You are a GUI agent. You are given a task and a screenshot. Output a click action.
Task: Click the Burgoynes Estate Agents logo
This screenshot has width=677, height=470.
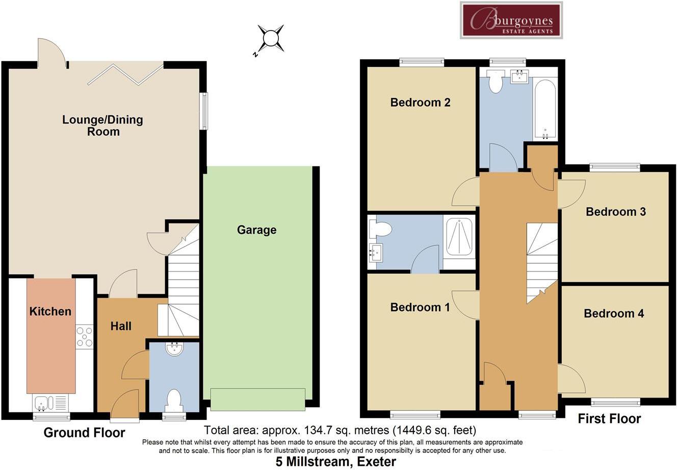click(511, 20)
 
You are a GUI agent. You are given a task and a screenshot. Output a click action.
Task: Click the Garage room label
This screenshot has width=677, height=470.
click(256, 230)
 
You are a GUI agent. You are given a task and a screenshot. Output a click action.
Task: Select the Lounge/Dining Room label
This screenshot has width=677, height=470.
click(102, 126)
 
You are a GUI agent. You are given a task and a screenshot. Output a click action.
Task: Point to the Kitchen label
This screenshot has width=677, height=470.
click(50, 311)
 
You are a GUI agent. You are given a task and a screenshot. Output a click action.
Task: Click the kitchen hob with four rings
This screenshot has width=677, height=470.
click(85, 337)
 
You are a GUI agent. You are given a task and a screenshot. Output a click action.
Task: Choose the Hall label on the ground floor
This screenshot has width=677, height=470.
click(121, 326)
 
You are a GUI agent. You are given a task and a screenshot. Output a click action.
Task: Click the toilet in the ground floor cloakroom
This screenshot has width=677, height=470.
click(174, 399)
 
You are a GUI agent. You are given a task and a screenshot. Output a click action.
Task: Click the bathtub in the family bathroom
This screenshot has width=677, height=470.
click(545, 109)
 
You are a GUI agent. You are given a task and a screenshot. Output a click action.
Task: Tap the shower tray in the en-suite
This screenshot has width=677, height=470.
click(459, 235)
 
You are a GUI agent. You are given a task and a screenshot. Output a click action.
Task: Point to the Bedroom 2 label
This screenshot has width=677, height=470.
click(420, 103)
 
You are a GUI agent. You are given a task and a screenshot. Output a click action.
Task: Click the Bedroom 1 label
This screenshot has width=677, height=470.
click(420, 307)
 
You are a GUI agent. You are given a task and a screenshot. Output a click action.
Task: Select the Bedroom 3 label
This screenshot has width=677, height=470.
click(615, 212)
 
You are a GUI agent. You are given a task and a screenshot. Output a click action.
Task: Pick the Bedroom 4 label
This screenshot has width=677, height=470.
click(614, 313)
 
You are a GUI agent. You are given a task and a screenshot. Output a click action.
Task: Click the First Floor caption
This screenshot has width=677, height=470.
click(609, 419)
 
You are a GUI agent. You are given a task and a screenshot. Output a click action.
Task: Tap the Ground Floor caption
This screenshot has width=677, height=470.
click(84, 433)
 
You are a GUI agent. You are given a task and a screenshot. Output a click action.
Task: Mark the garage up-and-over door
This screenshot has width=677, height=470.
click(257, 399)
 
